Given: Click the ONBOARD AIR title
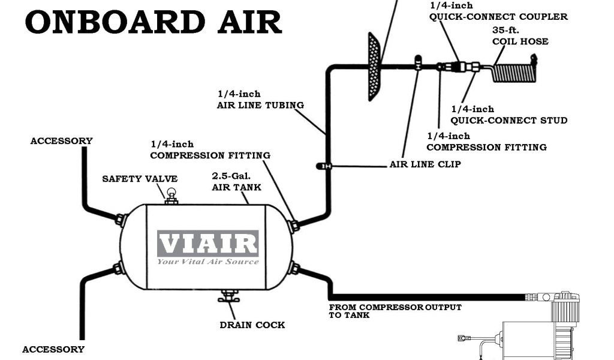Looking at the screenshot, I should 153,22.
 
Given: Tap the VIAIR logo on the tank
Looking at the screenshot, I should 207,244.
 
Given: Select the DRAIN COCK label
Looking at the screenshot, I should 252,325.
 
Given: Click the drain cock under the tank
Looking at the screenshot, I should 228,296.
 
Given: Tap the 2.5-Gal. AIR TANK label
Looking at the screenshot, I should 236,182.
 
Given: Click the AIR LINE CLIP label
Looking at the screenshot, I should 425,164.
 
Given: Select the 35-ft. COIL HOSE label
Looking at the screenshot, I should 520,36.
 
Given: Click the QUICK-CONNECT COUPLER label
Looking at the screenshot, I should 498,17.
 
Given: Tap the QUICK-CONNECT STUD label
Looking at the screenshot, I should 508,120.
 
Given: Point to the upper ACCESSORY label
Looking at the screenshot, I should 62,141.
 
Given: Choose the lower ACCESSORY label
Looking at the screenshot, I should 53,349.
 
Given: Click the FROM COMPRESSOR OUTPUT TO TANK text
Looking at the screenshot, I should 395,311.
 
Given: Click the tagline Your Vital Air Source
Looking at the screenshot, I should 207,262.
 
